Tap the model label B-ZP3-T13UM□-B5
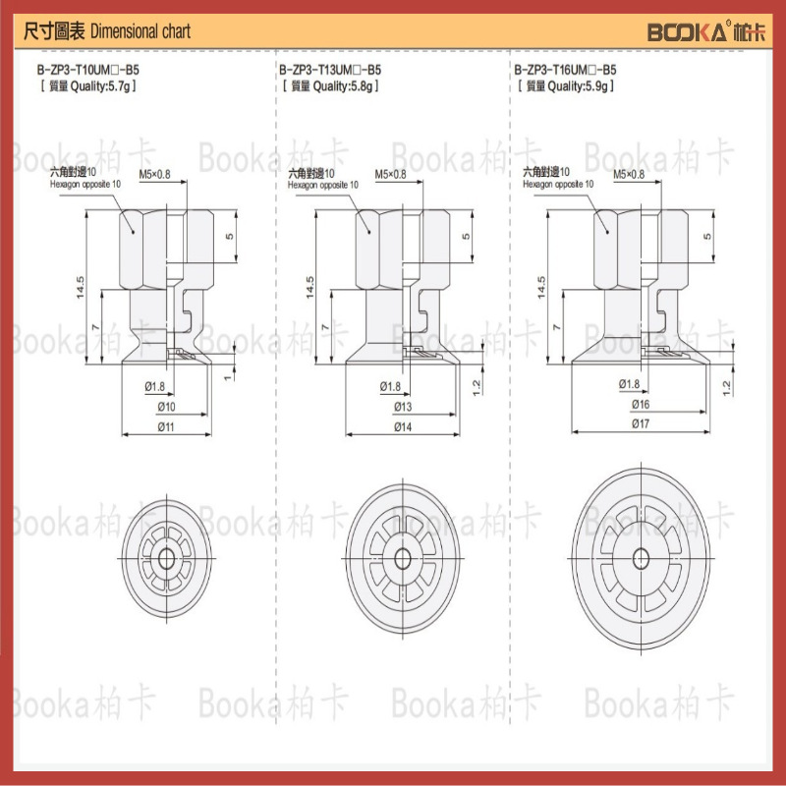click(x=330, y=71)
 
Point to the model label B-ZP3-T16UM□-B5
click(x=566, y=71)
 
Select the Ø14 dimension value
click(x=403, y=426)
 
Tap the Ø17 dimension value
click(x=640, y=422)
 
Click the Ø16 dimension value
click(x=640, y=404)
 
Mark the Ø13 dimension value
click(x=403, y=407)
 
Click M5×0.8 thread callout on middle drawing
click(x=390, y=175)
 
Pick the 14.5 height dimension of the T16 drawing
click(x=541, y=286)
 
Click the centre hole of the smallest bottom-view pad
click(x=170, y=557)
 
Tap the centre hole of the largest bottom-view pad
click(x=641, y=557)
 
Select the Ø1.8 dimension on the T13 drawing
click(x=390, y=386)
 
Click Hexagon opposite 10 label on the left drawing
click(x=86, y=184)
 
